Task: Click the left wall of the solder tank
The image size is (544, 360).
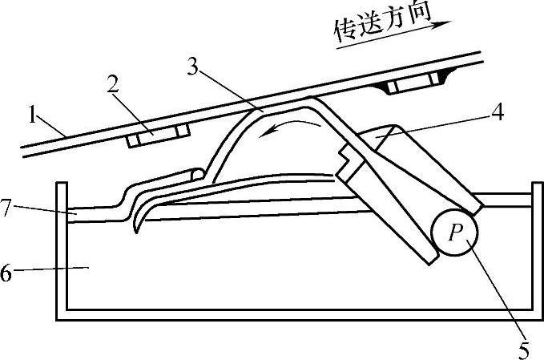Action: [x=59, y=249]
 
